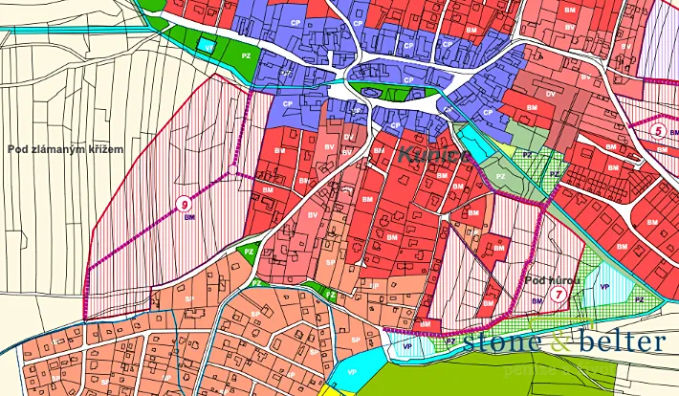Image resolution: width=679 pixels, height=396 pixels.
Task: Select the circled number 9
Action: click(x=183, y=203)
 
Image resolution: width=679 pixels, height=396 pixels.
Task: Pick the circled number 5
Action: click(x=657, y=130)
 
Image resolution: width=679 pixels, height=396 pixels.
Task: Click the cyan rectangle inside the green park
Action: click(x=205, y=43)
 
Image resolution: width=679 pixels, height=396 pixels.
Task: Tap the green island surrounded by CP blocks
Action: click(x=376, y=91)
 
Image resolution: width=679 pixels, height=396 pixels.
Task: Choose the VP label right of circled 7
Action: click(x=604, y=286)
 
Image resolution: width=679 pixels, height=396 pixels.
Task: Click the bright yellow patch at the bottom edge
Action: click(x=330, y=390)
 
